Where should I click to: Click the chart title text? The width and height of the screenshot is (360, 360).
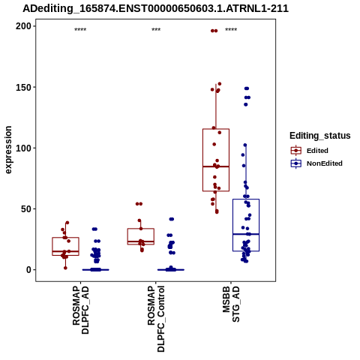pyautogui.click(x=155, y=8)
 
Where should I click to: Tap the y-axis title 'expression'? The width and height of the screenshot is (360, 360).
pyautogui.click(x=8, y=150)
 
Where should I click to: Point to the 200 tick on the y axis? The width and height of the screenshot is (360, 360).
pyautogui.click(x=23, y=26)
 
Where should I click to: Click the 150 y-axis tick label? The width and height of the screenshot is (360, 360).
pyautogui.click(x=23, y=87)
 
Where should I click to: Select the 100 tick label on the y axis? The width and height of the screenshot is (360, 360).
pyautogui.click(x=23, y=148)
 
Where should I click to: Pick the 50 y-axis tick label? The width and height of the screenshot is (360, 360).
pyautogui.click(x=26, y=209)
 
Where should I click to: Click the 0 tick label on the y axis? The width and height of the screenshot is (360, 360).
pyautogui.click(x=28, y=270)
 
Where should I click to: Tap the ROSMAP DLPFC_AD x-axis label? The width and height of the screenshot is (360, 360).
pyautogui.click(x=80, y=310)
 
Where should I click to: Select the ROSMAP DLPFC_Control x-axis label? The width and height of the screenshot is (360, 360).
pyautogui.click(x=156, y=319)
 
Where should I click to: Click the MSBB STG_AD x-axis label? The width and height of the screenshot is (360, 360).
pyautogui.click(x=231, y=304)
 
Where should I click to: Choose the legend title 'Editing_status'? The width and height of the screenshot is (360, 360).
pyautogui.click(x=320, y=136)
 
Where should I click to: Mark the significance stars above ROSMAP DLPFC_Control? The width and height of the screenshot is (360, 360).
pyautogui.click(x=156, y=30)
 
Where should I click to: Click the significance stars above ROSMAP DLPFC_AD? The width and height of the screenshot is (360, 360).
pyautogui.click(x=80, y=30)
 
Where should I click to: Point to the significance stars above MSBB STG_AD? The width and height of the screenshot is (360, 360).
pyautogui.click(x=231, y=30)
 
